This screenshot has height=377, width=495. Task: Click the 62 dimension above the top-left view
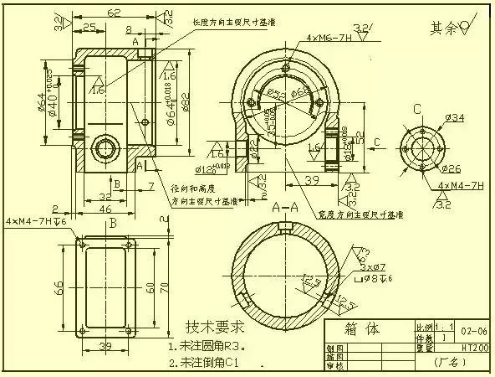point(115,13)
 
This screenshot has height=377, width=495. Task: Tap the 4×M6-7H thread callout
point(329,39)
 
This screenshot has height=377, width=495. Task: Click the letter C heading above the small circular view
point(416,109)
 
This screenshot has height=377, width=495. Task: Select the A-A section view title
point(286,205)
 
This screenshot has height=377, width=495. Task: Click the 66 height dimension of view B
point(59,287)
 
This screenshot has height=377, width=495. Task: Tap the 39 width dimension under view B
point(106,347)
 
